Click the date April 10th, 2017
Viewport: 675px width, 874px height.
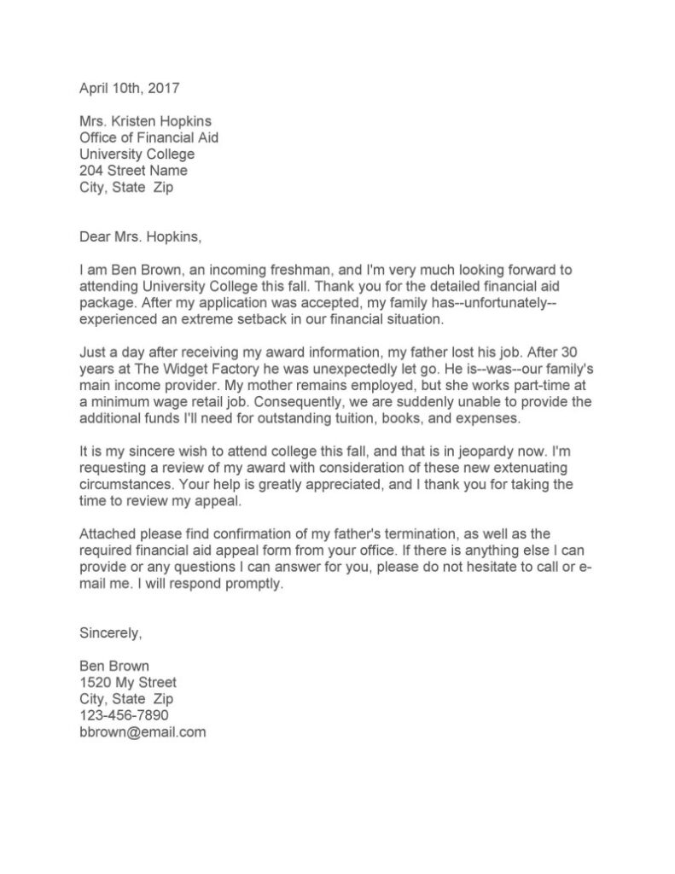[x=130, y=88]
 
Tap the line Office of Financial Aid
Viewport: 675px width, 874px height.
[x=154, y=137]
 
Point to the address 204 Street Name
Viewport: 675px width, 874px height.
[x=133, y=171]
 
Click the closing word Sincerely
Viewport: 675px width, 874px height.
[x=111, y=633]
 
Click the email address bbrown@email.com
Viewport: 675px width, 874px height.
[x=143, y=732]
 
